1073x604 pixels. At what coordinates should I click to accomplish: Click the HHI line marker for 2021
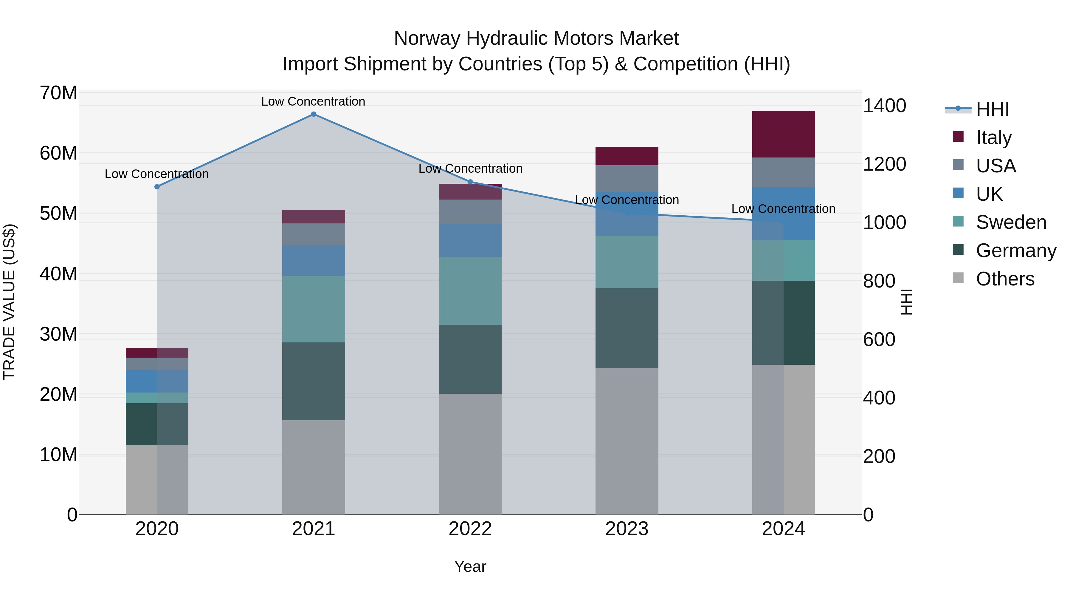[x=314, y=114]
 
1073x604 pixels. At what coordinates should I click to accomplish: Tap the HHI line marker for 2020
[x=157, y=187]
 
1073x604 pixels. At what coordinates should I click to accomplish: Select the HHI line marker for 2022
[x=470, y=182]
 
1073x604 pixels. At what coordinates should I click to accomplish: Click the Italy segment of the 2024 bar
[x=783, y=134]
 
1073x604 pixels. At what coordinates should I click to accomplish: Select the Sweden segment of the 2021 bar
[x=314, y=309]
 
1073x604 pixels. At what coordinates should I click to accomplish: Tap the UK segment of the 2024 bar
[x=783, y=214]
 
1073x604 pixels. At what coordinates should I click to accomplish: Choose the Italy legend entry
[x=993, y=137]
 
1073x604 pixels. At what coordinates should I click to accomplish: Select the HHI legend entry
[x=992, y=109]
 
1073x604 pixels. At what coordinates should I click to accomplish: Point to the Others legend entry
[x=1005, y=279]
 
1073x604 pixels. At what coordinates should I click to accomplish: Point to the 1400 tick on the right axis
[x=884, y=106]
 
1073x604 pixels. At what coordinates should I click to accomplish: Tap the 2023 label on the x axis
[x=627, y=529]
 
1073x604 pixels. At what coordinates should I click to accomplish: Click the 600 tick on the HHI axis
[x=879, y=339]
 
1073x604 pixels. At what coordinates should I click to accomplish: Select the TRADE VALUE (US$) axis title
[x=9, y=302]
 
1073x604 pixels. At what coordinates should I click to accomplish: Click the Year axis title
[x=470, y=566]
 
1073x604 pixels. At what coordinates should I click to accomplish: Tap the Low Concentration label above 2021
[x=313, y=101]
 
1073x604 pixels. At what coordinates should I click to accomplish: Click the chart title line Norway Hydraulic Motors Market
[x=536, y=38]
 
